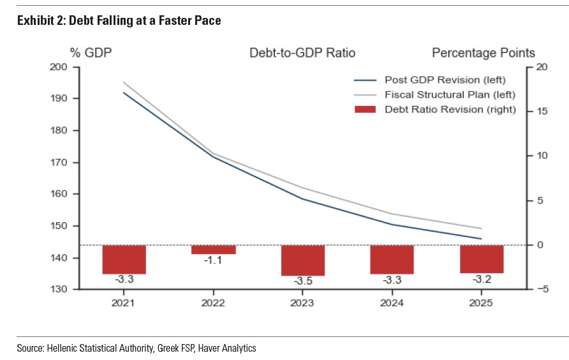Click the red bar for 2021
124,259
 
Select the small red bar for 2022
214,250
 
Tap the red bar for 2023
303,260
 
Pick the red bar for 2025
482,259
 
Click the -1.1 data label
213,260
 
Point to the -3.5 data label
303,281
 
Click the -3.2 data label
482,279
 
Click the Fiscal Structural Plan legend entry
450,94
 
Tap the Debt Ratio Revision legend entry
450,109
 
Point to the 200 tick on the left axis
59,67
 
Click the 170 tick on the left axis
59,163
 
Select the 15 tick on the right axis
542,112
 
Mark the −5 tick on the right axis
542,290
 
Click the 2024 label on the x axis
392,303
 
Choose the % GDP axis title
91,53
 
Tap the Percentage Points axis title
484,53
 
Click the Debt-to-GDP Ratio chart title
302,53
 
